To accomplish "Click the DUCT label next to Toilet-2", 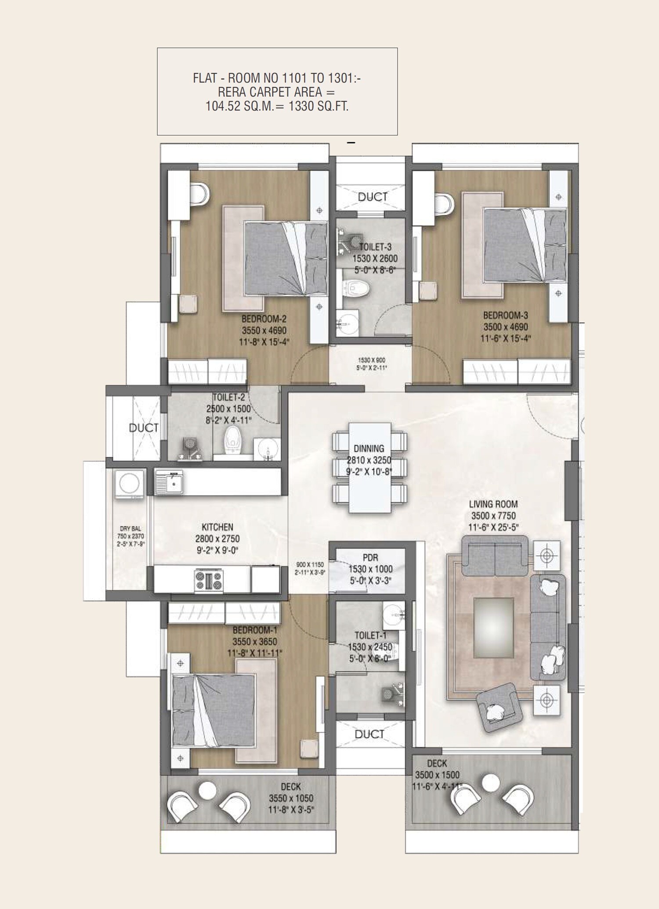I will tap(143, 428).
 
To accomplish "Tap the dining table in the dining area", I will tap(369, 467).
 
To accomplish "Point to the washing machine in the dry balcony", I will tap(129, 484).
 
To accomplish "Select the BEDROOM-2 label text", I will tap(264, 319).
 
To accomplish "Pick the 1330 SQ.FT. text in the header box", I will tap(318, 106).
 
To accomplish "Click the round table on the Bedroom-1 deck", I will tap(207, 791).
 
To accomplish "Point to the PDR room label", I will tap(370, 557).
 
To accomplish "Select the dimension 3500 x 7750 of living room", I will tap(493, 516).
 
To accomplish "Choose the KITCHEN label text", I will tap(217, 527).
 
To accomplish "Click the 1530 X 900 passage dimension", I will tap(371, 360).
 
